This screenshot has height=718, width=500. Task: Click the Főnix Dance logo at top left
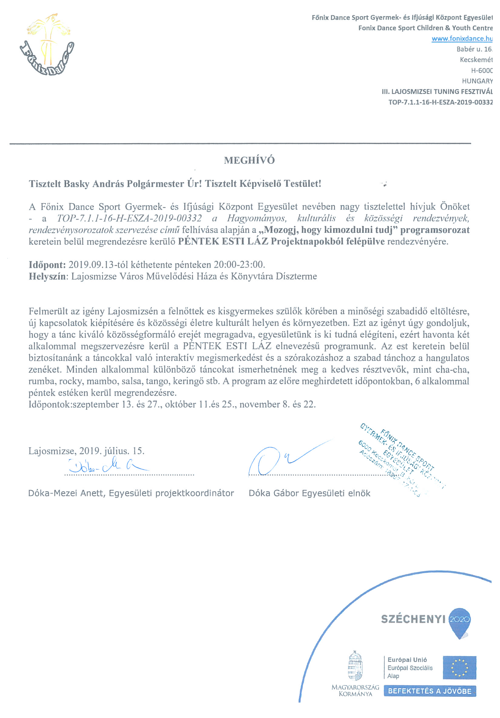(47, 45)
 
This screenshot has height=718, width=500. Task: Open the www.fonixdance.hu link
(462, 39)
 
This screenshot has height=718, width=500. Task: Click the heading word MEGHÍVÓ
(249, 160)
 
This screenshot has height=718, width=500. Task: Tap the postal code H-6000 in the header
(481, 70)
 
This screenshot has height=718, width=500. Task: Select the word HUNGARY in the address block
(477, 81)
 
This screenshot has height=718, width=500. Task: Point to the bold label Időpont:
(47, 265)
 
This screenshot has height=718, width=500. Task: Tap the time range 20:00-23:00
(239, 265)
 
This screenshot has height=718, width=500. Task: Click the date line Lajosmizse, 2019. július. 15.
(86, 451)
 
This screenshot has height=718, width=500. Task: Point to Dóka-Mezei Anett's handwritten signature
(106, 466)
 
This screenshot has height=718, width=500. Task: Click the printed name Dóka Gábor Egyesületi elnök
(309, 493)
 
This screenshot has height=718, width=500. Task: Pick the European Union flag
(459, 668)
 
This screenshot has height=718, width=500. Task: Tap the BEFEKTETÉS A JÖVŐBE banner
(429, 691)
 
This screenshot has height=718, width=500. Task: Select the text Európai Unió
(407, 660)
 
